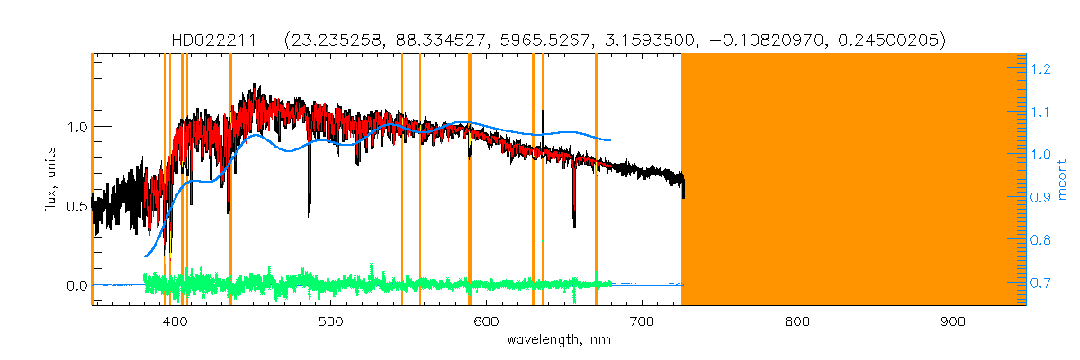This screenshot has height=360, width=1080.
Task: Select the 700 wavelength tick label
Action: click(x=642, y=321)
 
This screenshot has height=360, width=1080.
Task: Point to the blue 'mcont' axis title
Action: click(x=1064, y=180)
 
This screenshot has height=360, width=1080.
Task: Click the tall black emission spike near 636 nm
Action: click(x=543, y=117)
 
